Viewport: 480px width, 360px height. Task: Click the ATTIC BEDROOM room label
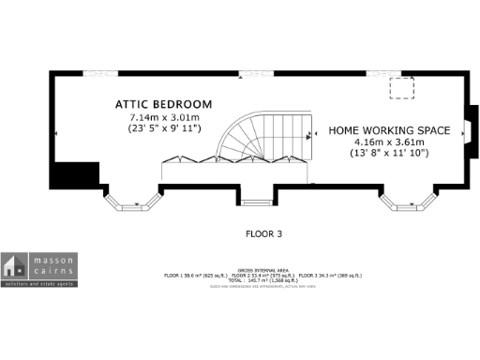click(164, 103)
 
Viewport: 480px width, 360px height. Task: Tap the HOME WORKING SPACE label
click(389, 129)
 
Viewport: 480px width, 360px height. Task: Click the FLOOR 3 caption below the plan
click(263, 232)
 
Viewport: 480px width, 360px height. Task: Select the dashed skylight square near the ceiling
click(403, 88)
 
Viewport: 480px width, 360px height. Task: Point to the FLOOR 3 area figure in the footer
click(333, 275)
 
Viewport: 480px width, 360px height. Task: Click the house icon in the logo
click(14, 264)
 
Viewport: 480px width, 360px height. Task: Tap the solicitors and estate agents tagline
click(39, 281)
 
